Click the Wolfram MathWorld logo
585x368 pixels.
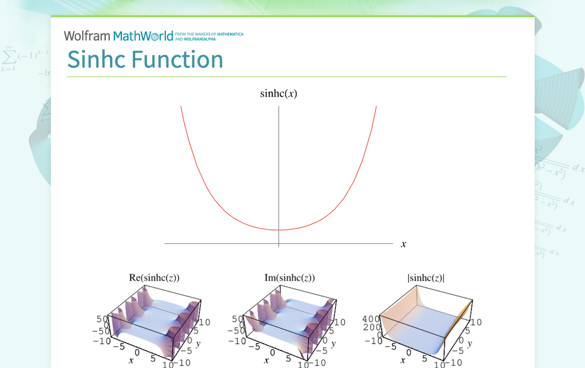click(x=119, y=36)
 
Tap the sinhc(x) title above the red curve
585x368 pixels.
click(x=278, y=94)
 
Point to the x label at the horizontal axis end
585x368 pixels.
click(x=403, y=244)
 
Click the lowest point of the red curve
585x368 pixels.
click(x=279, y=230)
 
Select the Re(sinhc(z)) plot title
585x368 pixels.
click(x=154, y=278)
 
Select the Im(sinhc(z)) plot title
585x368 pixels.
click(x=289, y=278)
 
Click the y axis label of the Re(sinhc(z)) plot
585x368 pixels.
click(x=198, y=344)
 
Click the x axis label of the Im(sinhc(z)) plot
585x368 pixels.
click(x=266, y=360)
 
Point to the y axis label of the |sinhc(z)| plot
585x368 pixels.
click(x=469, y=344)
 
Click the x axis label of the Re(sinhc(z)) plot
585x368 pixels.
click(x=131, y=360)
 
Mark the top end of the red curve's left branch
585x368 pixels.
click(x=181, y=106)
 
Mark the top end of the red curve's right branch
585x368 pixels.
click(x=376, y=106)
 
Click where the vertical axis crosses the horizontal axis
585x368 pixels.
click(x=279, y=244)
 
